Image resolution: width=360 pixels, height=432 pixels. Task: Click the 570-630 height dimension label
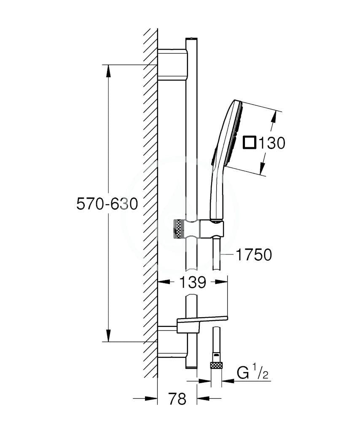[107, 204]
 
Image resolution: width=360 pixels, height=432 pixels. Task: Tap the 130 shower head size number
[271, 143]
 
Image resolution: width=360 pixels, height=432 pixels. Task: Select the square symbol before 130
[250, 143]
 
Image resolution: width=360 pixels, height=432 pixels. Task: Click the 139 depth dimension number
[192, 283]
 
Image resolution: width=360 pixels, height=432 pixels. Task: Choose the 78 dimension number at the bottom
[177, 399]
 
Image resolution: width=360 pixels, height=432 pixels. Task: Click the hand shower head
[230, 135]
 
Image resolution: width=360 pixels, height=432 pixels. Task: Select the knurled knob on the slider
[179, 229]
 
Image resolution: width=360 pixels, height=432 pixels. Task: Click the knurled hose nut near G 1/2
[216, 365]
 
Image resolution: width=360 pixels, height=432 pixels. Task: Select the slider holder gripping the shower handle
[211, 229]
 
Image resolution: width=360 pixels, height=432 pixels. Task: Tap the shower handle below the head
[216, 194]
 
